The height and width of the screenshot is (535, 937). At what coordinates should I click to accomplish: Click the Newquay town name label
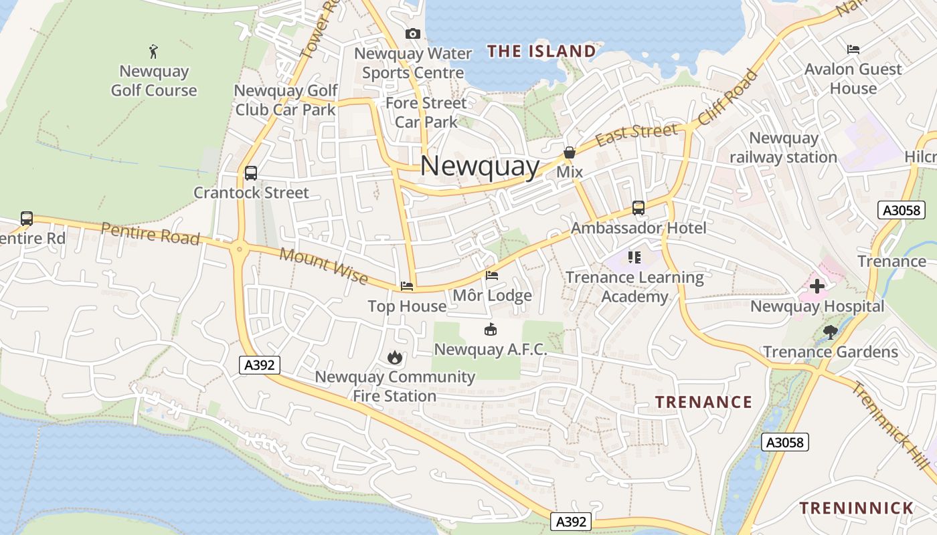tap(480, 166)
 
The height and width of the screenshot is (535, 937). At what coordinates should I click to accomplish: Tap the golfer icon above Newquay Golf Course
tap(153, 51)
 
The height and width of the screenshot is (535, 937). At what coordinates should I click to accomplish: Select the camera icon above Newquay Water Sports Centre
tap(413, 33)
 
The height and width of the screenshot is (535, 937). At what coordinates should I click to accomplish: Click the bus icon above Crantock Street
tap(251, 173)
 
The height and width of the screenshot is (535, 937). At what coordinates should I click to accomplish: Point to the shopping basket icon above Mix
tap(570, 152)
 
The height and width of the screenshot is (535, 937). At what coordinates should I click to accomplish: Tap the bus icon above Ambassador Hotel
tap(638, 208)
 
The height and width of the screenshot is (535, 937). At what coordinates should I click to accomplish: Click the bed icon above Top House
tap(407, 286)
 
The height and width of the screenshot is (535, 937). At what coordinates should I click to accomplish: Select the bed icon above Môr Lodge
tap(492, 276)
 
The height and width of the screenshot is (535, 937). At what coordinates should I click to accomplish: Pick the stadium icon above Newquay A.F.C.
tap(491, 329)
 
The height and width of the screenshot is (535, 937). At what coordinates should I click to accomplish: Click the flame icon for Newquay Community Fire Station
tap(395, 357)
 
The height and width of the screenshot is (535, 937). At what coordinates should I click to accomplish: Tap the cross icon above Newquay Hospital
tap(817, 287)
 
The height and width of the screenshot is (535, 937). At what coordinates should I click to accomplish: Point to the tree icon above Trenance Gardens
tap(831, 332)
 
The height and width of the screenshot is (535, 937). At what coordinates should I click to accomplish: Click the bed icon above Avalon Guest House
tap(853, 49)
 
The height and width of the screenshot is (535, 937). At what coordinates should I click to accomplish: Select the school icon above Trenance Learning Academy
tap(634, 257)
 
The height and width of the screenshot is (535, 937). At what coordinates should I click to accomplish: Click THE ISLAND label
tap(541, 51)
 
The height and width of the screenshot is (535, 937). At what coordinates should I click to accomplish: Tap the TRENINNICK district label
tap(857, 508)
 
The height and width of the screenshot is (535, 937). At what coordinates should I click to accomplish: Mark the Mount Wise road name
tap(323, 265)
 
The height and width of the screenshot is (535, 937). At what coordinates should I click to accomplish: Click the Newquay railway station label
tap(784, 148)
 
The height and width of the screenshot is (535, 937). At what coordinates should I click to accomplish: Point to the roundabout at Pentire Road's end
tap(239, 249)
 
